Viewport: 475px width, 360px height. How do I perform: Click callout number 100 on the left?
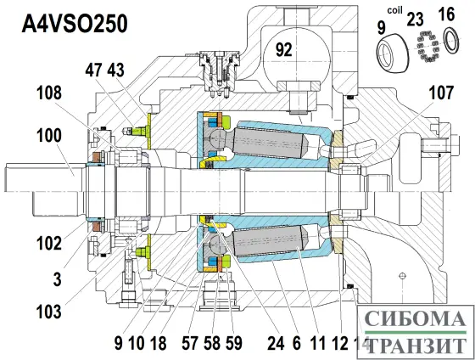(x=49, y=135)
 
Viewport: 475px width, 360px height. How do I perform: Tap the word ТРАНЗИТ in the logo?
(x=413, y=346)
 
